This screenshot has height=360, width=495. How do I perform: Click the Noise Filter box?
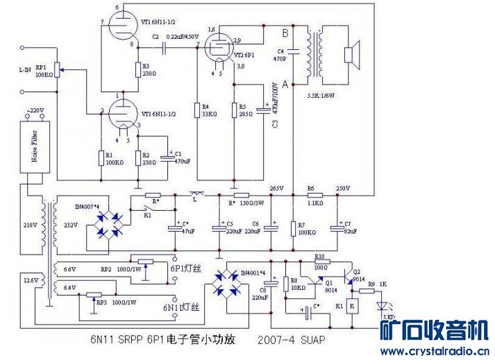[x=34, y=146]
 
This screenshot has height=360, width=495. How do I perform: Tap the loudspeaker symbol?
[x=351, y=54]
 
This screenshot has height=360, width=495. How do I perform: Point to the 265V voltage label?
[x=277, y=188]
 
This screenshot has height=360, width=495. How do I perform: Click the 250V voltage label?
[x=342, y=188]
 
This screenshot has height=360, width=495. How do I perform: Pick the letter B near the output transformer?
[x=285, y=33]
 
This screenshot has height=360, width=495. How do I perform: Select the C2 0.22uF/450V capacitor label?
[x=169, y=36]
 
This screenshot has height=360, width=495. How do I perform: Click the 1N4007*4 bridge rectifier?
[x=111, y=221]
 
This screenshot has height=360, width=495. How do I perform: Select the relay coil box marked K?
[x=353, y=305]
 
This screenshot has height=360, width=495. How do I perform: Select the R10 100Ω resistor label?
[x=320, y=260]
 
